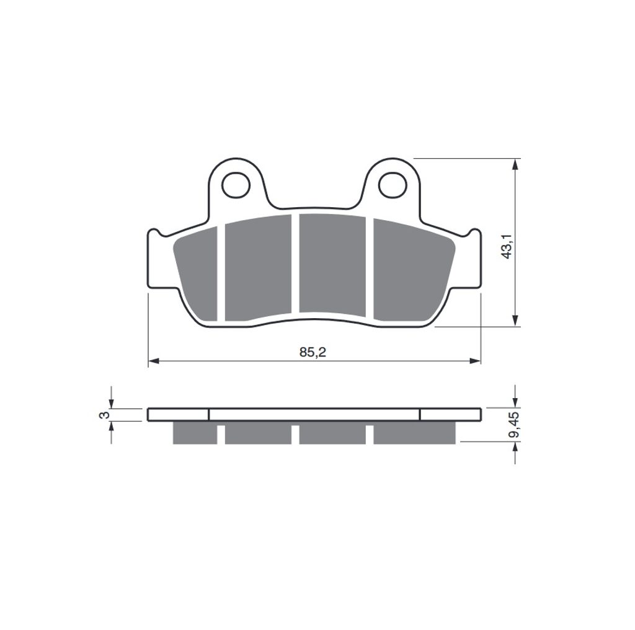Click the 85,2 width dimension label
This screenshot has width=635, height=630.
(x=313, y=352)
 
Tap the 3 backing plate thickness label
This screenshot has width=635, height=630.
(x=104, y=415)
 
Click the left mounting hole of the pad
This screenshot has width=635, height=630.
(x=236, y=185)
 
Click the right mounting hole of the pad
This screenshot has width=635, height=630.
(x=392, y=185)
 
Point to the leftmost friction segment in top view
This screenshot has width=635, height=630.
(x=196, y=273)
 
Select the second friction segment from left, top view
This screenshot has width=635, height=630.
(x=258, y=268)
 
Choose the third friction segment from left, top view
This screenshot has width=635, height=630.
(x=332, y=263)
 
